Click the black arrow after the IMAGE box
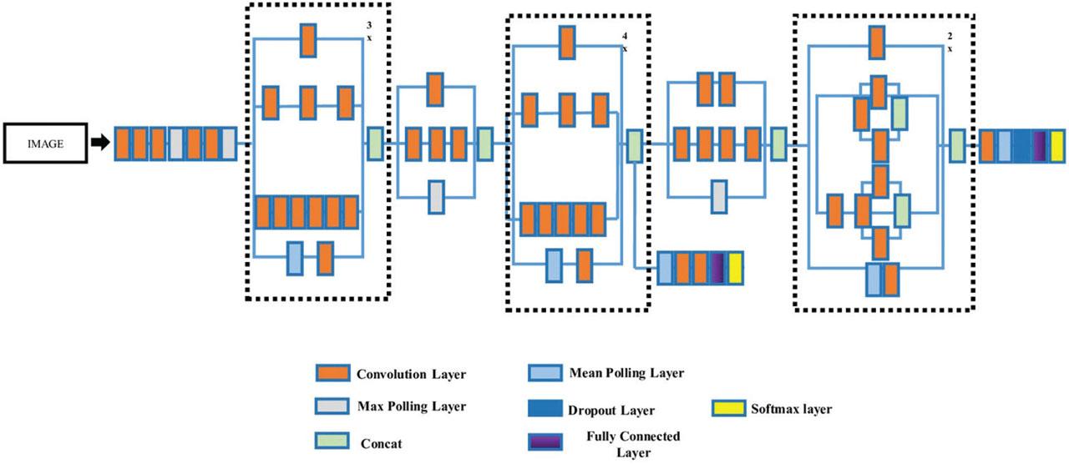[99, 144]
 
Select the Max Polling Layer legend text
[411, 406]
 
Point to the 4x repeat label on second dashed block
[624, 42]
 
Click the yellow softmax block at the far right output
[1058, 144]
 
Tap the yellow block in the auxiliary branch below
[735, 268]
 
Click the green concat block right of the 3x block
[375, 143]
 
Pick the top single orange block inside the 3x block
[307, 41]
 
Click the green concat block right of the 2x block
[957, 144]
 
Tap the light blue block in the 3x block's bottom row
[295, 258]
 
